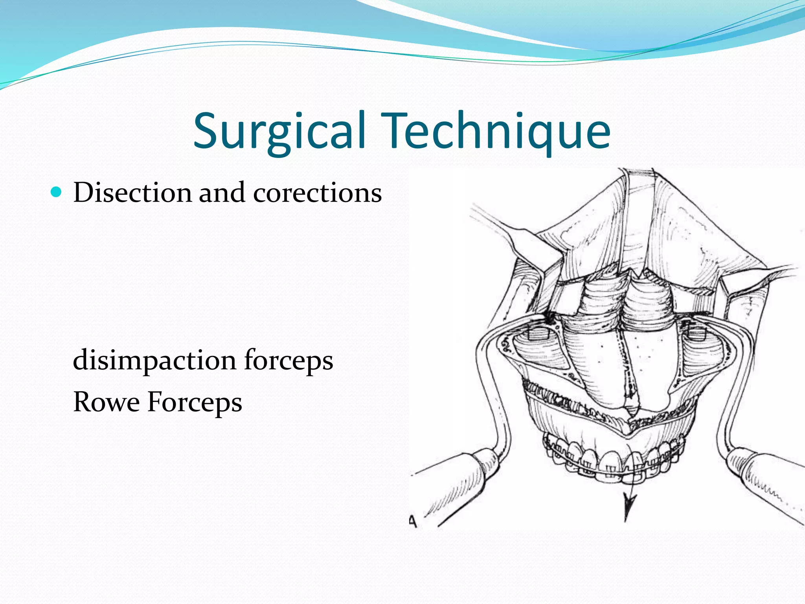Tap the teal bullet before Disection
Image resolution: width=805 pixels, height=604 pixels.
coord(57,192)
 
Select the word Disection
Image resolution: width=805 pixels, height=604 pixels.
coord(132,193)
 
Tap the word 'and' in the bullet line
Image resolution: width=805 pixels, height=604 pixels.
coord(222,193)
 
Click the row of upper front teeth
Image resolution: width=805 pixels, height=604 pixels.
coord(613,458)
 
